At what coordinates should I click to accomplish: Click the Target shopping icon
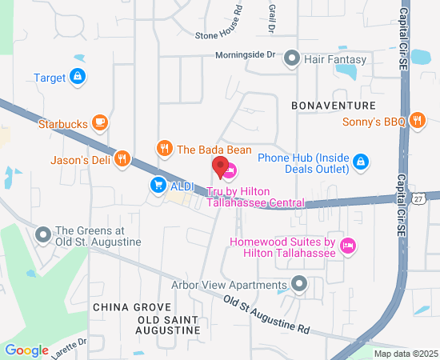click(78, 78)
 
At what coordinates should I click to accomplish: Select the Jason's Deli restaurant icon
click(122, 158)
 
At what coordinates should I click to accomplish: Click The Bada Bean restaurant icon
click(165, 148)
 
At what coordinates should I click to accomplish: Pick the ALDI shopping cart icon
click(158, 185)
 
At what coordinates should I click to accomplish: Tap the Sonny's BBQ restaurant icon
click(416, 121)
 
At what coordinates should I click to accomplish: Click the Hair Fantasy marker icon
click(292, 58)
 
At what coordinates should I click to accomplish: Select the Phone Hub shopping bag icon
click(361, 162)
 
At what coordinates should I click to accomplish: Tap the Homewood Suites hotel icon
click(347, 246)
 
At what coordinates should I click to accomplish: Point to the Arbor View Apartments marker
click(300, 284)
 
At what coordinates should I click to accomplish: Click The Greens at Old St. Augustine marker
click(43, 234)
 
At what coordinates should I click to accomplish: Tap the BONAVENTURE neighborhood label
click(334, 106)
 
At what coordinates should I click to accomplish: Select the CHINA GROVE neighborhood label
click(131, 307)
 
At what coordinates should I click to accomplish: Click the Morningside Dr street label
click(245, 55)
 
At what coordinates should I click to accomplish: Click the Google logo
click(27, 350)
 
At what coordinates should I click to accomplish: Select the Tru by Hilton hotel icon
click(230, 171)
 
